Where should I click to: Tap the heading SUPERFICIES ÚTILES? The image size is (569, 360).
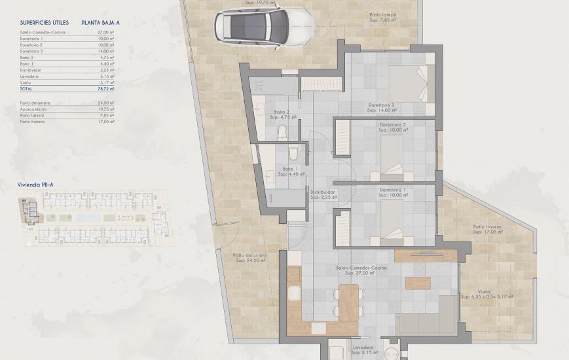(44, 22)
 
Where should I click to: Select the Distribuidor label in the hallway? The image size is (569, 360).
(323, 192)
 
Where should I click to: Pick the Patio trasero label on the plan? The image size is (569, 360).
(486, 227)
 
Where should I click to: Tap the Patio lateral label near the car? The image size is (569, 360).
(382, 14)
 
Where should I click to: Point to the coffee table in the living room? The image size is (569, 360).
(418, 283)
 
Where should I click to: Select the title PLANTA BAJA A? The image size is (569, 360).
(101, 22)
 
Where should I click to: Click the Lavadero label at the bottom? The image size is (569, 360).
(362, 348)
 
